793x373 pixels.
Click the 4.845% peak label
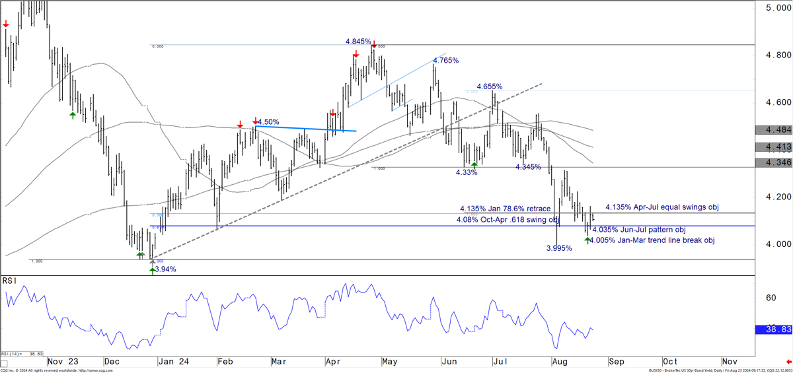coord(358,41)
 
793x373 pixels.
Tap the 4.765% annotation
coord(445,61)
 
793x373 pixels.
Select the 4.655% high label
coord(490,86)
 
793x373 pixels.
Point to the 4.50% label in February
coord(268,122)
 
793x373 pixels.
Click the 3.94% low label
coord(166,269)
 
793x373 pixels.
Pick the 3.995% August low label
coord(559,249)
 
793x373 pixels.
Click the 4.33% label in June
coord(467,172)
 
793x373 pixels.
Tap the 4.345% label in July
coord(533,168)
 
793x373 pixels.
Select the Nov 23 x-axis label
coord(63,362)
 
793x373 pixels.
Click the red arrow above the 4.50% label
coord(256,121)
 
